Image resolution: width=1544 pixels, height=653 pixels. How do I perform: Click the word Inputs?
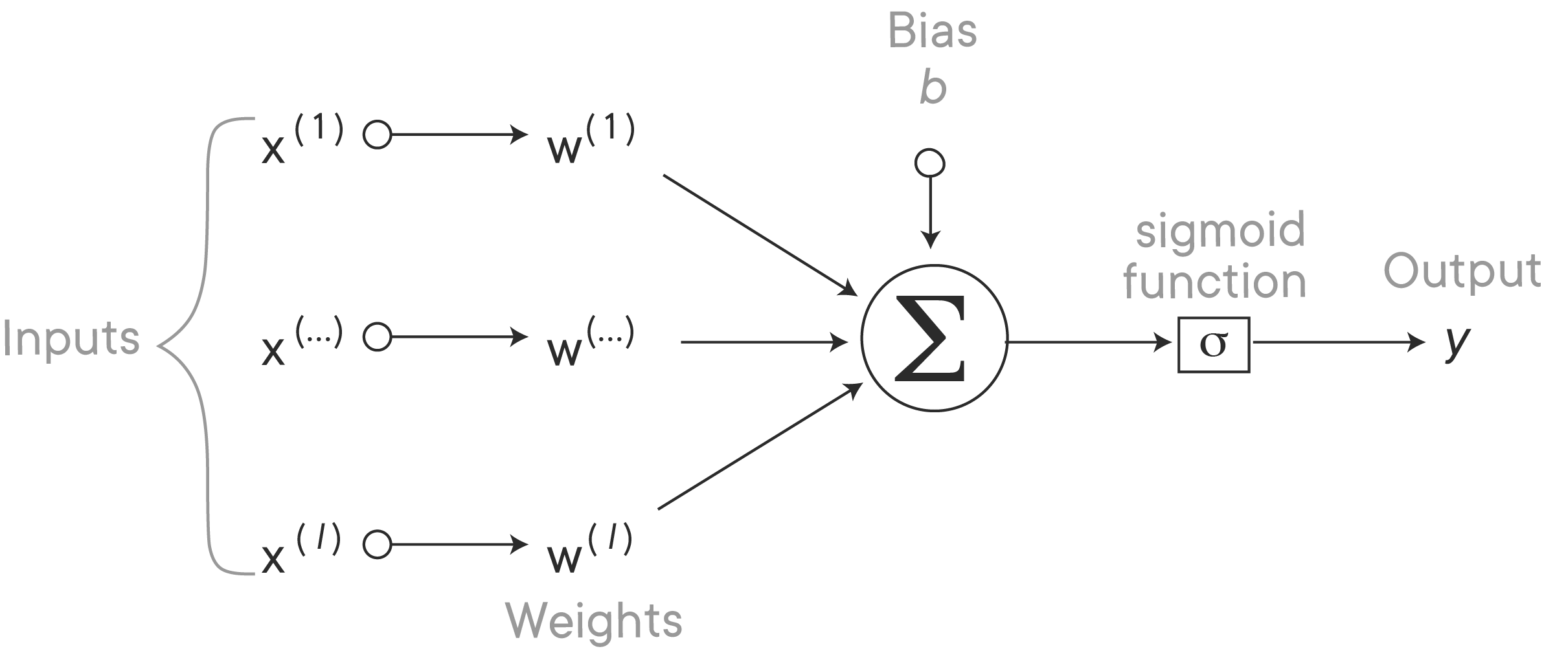(71, 339)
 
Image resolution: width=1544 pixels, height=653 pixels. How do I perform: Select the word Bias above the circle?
(932, 30)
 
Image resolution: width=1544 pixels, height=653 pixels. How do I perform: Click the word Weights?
(594, 621)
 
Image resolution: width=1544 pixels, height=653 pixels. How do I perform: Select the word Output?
(1462, 272)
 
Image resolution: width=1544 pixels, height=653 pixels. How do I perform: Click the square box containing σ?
(1213, 344)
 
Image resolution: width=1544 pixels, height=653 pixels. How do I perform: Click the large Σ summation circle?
(934, 338)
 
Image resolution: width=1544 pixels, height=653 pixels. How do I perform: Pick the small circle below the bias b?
(929, 162)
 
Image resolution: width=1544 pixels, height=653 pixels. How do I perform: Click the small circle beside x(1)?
(377, 135)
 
